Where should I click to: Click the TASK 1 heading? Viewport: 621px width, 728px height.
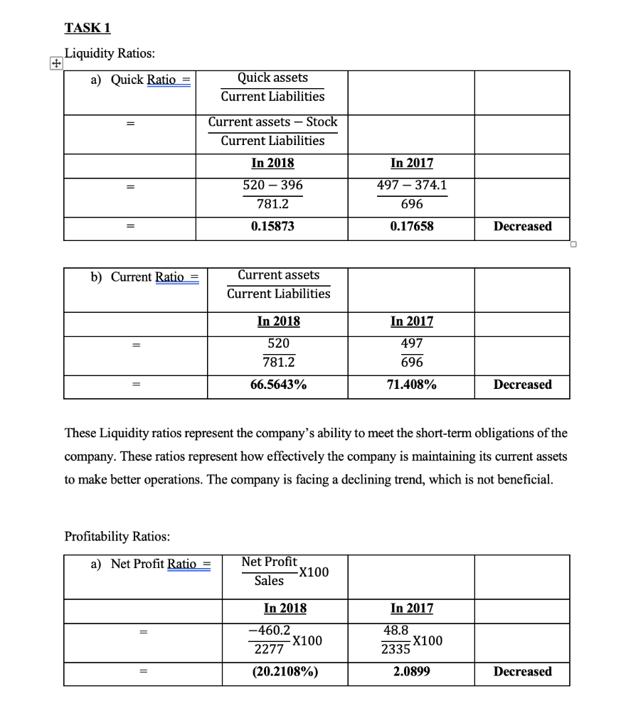click(x=87, y=28)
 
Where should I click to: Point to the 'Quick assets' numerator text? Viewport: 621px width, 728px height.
click(x=272, y=77)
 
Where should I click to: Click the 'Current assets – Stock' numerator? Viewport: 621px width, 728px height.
click(x=272, y=122)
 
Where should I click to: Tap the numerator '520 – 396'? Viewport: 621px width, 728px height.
click(x=272, y=186)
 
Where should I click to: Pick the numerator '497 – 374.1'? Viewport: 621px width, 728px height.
click(x=412, y=186)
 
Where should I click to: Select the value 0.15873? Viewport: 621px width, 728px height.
click(x=272, y=226)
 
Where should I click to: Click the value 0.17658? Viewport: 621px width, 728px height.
click(x=412, y=226)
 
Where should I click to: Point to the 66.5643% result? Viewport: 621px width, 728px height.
click(x=277, y=385)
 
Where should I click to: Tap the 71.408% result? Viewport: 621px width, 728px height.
click(x=412, y=385)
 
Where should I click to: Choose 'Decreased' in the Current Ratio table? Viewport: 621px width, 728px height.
click(x=522, y=385)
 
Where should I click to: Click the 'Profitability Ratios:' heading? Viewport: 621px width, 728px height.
click(x=117, y=535)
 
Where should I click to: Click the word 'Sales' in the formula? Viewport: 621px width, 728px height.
click(x=269, y=581)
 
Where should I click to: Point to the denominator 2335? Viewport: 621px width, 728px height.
click(x=395, y=649)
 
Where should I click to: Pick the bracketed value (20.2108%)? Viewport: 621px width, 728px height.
click(x=285, y=671)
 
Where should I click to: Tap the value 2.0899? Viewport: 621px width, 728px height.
click(x=412, y=671)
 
